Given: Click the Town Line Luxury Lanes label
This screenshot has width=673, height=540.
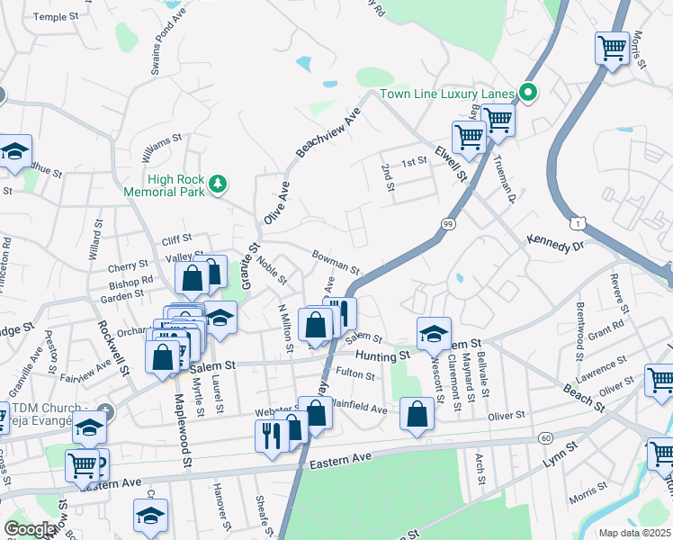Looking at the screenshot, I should point(446,94).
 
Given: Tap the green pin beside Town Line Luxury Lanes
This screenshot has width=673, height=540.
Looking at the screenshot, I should point(528,93).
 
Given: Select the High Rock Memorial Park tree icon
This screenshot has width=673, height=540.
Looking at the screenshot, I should point(217,184).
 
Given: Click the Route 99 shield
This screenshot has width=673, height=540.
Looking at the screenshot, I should point(447,222).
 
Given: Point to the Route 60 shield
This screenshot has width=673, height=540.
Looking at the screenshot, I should point(546,437).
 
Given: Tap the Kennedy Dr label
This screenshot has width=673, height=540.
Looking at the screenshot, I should point(555,244).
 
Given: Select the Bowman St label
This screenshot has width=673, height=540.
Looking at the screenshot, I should point(336,263).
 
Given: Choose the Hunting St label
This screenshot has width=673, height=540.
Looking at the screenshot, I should point(381,355).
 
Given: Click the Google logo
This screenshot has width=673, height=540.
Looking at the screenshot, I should point(30,529).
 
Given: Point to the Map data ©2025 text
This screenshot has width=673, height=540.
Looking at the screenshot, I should point(633,533).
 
